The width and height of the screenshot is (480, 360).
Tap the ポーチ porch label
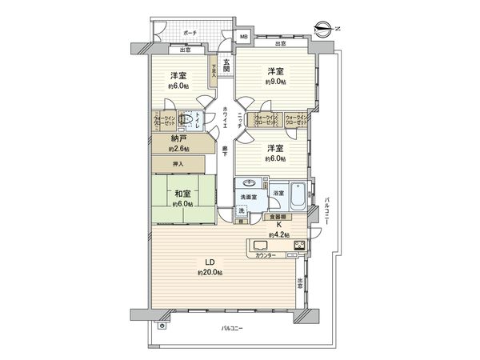click(x=190, y=34)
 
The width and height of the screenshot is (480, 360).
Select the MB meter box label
click(x=243, y=37)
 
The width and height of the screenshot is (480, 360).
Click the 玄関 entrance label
click(x=227, y=66)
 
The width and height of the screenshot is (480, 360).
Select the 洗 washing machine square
click(x=242, y=210)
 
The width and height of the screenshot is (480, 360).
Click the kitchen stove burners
click(x=299, y=245)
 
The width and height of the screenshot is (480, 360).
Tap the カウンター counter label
click(x=266, y=255)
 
